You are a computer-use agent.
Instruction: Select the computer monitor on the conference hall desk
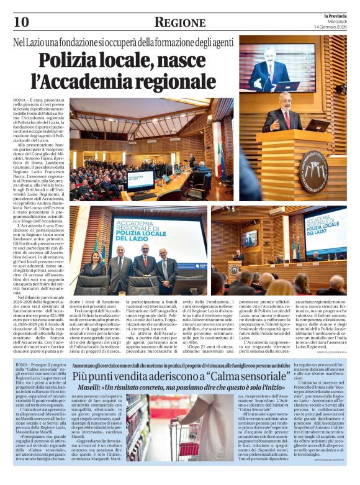[x=140, y=181]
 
